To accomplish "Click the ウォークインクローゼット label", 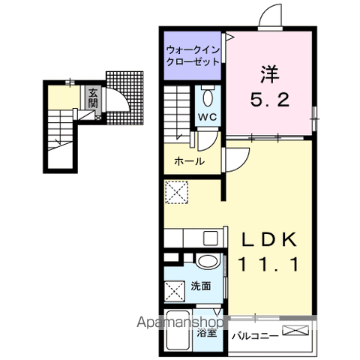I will (x=192, y=56).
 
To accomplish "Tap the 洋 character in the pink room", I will (x=270, y=74).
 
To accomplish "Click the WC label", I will (x=208, y=117).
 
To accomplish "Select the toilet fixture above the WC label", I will (x=208, y=97).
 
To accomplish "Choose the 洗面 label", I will (x=199, y=285).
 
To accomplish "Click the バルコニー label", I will (x=255, y=335).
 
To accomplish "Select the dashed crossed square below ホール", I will (x=177, y=193).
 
